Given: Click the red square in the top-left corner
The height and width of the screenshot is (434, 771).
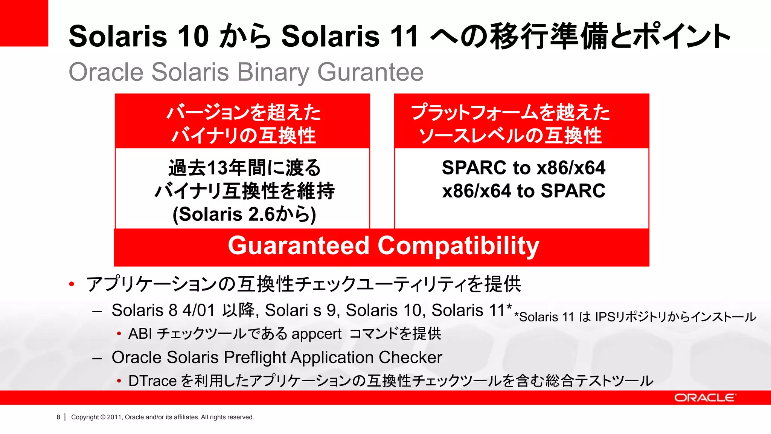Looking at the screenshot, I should (24, 23).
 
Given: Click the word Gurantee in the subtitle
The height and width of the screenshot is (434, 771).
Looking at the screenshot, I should (370, 72).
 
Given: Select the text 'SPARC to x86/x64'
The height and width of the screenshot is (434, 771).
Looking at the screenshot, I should (523, 168).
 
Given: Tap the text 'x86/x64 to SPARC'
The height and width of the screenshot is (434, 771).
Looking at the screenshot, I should (523, 191).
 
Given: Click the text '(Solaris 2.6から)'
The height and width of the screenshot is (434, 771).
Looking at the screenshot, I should (244, 214).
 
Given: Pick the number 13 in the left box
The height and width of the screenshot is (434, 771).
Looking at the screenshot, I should (218, 168).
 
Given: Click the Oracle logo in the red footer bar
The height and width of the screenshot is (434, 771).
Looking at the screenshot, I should (704, 398).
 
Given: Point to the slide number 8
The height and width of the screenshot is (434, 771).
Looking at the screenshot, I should (58, 417).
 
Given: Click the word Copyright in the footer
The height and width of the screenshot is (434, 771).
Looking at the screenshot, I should (85, 417).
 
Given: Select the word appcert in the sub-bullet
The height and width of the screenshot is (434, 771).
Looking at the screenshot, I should (316, 334).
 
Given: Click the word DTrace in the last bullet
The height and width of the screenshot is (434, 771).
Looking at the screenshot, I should (152, 381).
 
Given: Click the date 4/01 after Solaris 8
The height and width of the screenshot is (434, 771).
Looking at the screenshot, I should (198, 310).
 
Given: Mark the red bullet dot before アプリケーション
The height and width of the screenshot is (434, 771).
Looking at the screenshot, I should (72, 284).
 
